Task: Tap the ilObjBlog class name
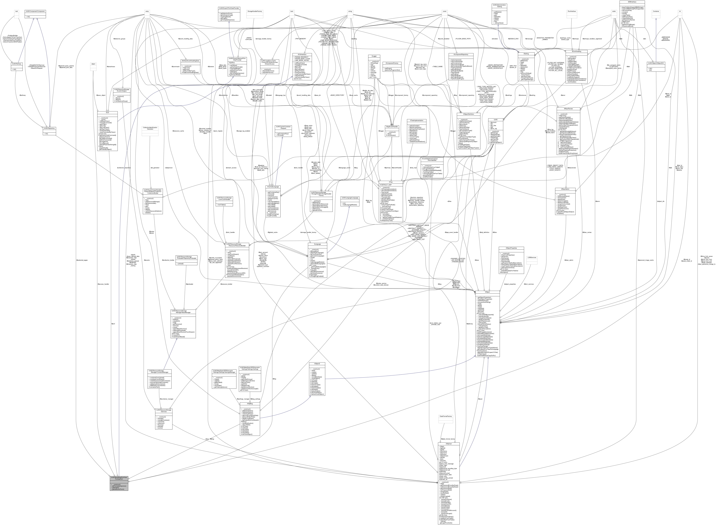(x=249, y=404)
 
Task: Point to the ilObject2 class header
(x=317, y=364)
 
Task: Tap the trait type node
(x=16, y=11)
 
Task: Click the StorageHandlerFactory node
(x=255, y=11)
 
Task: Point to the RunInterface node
(x=572, y=11)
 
